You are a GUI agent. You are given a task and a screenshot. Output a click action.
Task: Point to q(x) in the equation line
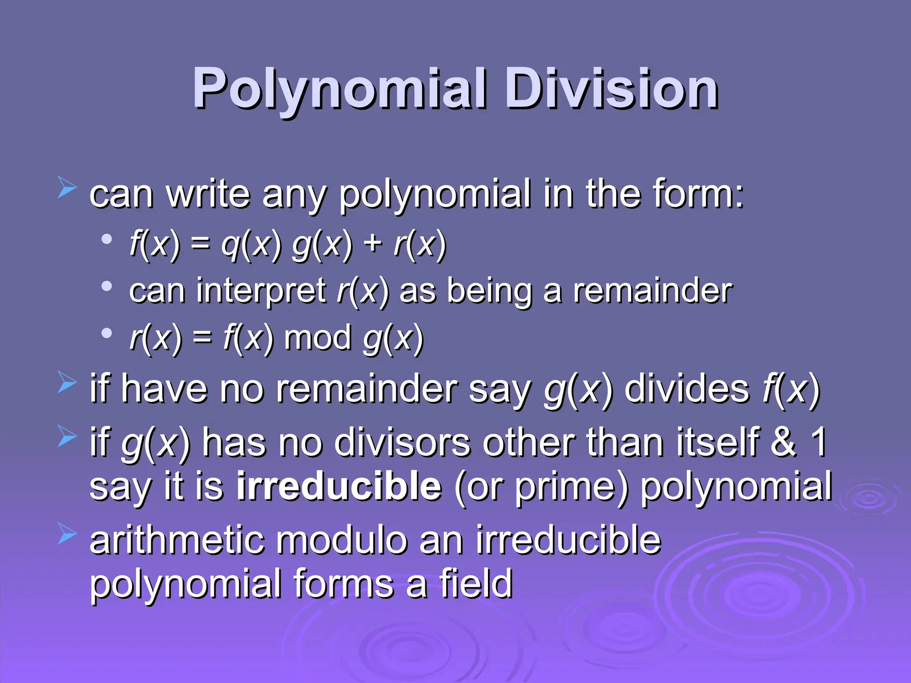click(x=252, y=245)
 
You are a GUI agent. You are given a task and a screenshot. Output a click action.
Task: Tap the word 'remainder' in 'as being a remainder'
click(x=653, y=291)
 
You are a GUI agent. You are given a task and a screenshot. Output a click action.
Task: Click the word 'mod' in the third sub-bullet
click(x=318, y=338)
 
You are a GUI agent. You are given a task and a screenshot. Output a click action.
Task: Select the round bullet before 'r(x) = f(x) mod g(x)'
click(x=106, y=333)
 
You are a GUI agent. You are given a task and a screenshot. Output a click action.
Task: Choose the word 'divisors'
click(x=402, y=442)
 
